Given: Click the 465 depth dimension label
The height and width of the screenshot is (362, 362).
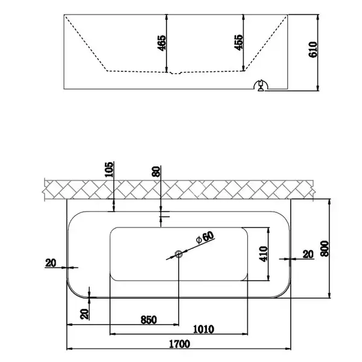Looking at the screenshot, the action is (x=161, y=43).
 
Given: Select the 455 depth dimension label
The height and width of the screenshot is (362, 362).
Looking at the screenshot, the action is (x=238, y=42).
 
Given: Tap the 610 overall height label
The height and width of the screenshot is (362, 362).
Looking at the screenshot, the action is (x=313, y=49).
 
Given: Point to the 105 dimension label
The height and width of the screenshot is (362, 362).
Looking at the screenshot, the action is (x=109, y=169).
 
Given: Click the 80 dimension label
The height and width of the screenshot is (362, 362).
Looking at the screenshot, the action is (x=156, y=171).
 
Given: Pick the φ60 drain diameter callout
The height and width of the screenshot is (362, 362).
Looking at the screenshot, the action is (x=205, y=237).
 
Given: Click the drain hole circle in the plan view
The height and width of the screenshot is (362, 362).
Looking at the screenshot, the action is (x=179, y=254).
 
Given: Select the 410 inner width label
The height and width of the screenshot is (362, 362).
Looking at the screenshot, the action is (x=264, y=254).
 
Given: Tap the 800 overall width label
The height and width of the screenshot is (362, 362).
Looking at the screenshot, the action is (x=325, y=249).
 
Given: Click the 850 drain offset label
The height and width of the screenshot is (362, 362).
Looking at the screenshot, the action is (x=148, y=320).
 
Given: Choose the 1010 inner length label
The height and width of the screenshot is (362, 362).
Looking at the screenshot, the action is (x=203, y=329).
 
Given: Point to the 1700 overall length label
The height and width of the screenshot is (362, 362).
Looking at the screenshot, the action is (x=180, y=344).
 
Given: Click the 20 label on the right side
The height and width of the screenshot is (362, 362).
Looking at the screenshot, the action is (x=308, y=255).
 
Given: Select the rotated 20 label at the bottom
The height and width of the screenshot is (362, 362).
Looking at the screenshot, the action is (x=84, y=314).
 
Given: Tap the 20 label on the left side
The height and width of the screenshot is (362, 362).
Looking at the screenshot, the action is (x=51, y=263).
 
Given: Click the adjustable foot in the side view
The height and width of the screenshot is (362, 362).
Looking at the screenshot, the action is (x=261, y=86).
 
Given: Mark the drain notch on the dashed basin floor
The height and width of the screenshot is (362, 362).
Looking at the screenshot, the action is (x=176, y=73).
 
